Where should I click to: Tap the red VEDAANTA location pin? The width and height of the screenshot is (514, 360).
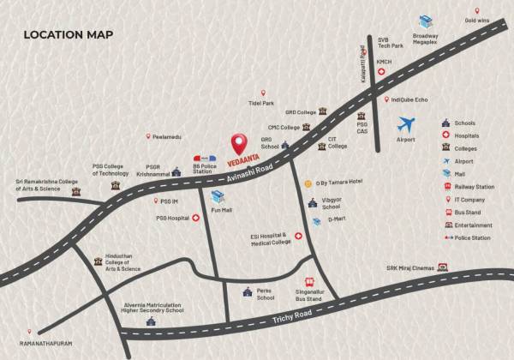[x=242, y=143]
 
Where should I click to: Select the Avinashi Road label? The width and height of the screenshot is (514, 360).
[x=248, y=171]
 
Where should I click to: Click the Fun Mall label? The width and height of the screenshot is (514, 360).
[x=222, y=210]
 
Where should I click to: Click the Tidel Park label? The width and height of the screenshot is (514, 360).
[x=261, y=104]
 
